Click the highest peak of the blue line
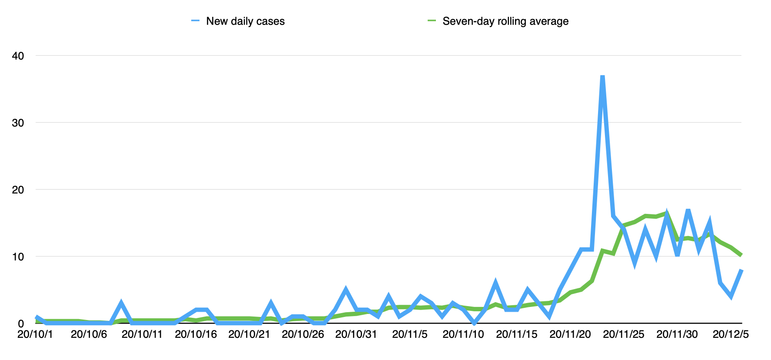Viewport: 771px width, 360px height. click(x=602, y=77)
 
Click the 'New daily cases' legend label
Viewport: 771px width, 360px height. click(x=245, y=21)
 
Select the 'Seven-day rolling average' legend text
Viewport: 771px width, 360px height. click(x=505, y=21)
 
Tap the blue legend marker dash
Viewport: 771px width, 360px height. click(x=195, y=21)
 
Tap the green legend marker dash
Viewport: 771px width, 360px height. click(x=432, y=21)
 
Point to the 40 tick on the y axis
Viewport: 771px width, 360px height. click(x=18, y=56)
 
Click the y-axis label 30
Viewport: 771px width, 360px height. click(x=18, y=123)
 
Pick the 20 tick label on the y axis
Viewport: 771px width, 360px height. click(x=18, y=190)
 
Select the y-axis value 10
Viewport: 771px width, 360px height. click(x=18, y=257)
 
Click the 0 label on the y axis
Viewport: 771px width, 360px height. click(x=21, y=323)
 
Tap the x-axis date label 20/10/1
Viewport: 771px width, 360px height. click(x=35, y=334)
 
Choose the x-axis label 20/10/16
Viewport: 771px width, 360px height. click(x=196, y=334)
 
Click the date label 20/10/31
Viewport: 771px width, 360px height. click(x=356, y=334)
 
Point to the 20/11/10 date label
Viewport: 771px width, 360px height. click(x=463, y=334)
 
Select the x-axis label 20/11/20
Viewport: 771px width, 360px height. click(x=570, y=334)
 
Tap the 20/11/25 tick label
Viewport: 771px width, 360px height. click(x=624, y=334)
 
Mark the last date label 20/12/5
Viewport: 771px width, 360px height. click(x=731, y=334)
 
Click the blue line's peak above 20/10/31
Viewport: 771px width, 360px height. click(x=346, y=290)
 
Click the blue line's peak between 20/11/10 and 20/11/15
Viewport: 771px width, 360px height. click(x=495, y=283)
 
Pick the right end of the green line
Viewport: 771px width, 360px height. click(x=741, y=255)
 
